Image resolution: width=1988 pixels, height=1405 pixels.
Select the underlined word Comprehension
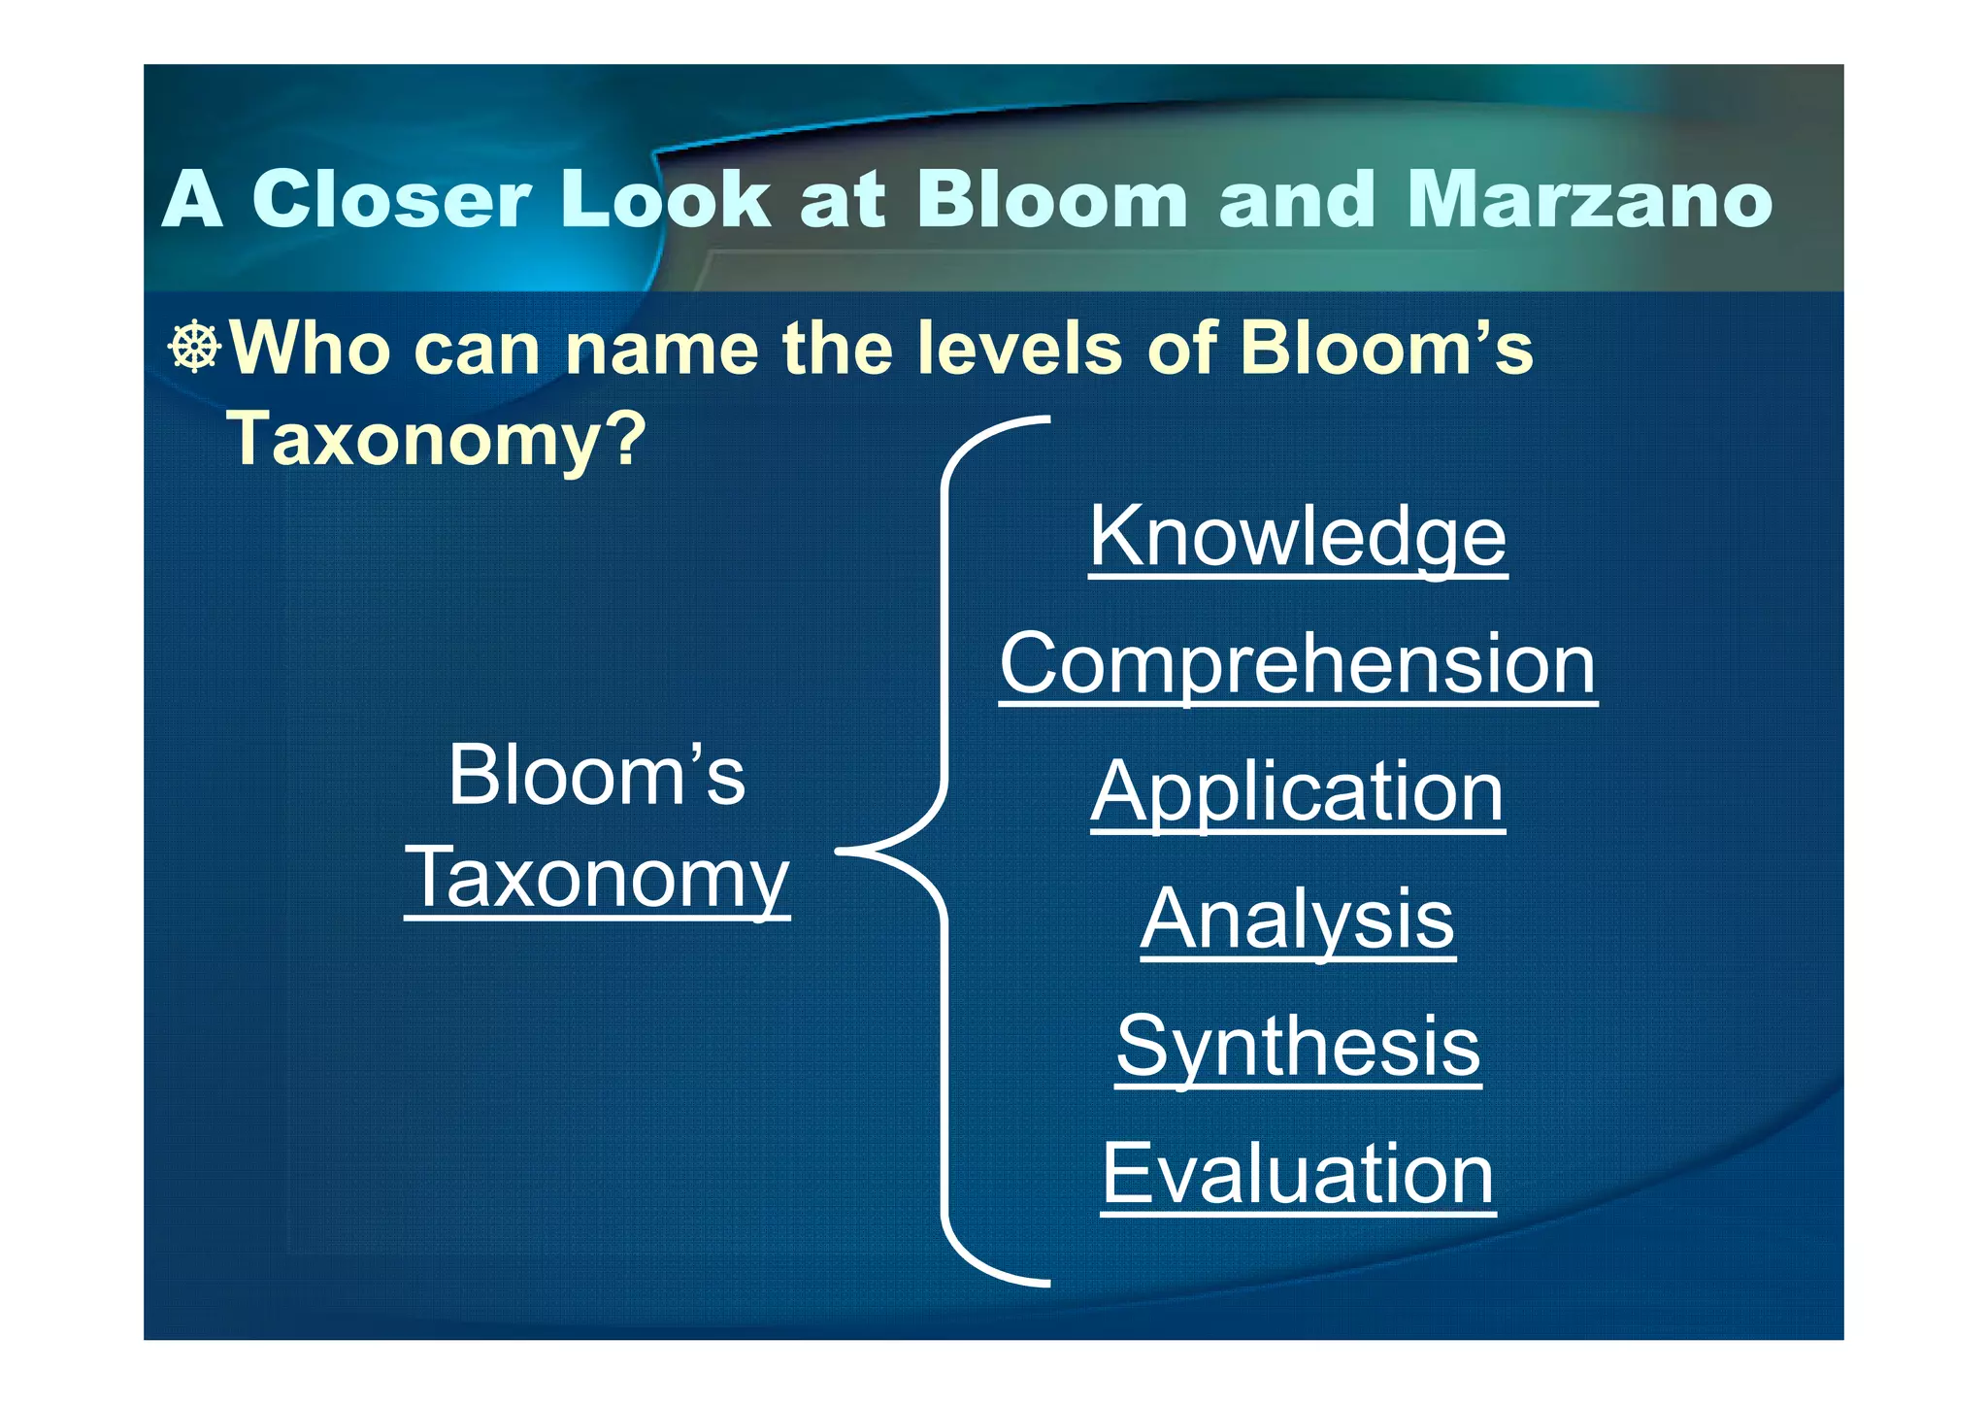[x=1298, y=665]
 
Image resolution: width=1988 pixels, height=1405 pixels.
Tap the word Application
[x=1298, y=792]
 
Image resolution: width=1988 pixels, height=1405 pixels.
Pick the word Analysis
[x=1298, y=920]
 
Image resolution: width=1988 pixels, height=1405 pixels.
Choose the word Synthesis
[x=1298, y=1047]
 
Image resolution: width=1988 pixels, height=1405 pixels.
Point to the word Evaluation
[x=1298, y=1174]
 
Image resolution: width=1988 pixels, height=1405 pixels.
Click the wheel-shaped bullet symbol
[x=195, y=347]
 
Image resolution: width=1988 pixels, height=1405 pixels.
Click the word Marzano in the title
[x=1589, y=200]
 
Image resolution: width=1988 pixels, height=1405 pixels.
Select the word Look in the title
[x=665, y=200]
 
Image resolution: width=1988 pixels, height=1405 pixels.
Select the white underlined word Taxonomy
[x=597, y=878]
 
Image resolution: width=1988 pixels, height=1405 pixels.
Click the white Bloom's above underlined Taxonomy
[x=596, y=776]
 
